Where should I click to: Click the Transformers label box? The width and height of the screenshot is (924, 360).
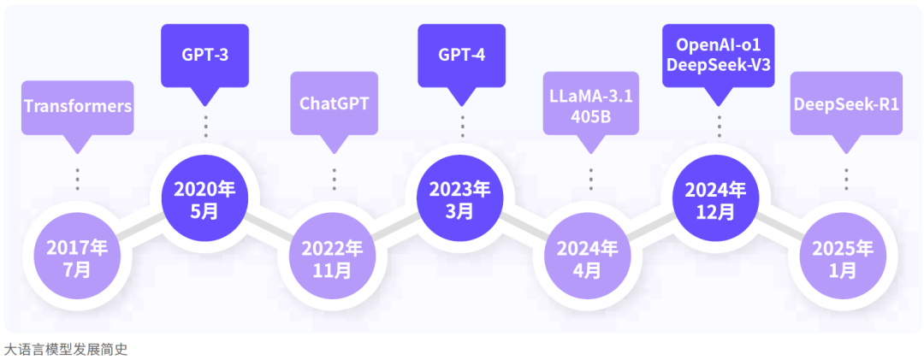tap(77, 107)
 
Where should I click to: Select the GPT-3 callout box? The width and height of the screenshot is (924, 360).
tap(204, 56)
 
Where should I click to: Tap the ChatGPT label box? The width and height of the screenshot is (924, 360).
tap(334, 103)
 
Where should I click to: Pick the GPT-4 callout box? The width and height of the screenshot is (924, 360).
tap(461, 56)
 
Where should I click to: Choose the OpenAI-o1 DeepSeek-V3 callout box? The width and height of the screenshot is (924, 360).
tap(719, 54)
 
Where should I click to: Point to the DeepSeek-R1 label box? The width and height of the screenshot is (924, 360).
tap(846, 103)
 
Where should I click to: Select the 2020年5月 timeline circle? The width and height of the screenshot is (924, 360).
tap(204, 199)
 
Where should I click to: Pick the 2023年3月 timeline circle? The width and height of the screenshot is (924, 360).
tap(460, 199)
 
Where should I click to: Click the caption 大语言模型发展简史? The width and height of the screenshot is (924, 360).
tap(66, 349)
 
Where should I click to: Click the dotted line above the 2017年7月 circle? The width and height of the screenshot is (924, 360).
tap(77, 179)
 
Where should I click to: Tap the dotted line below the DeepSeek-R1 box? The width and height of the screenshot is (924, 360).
tap(846, 179)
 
